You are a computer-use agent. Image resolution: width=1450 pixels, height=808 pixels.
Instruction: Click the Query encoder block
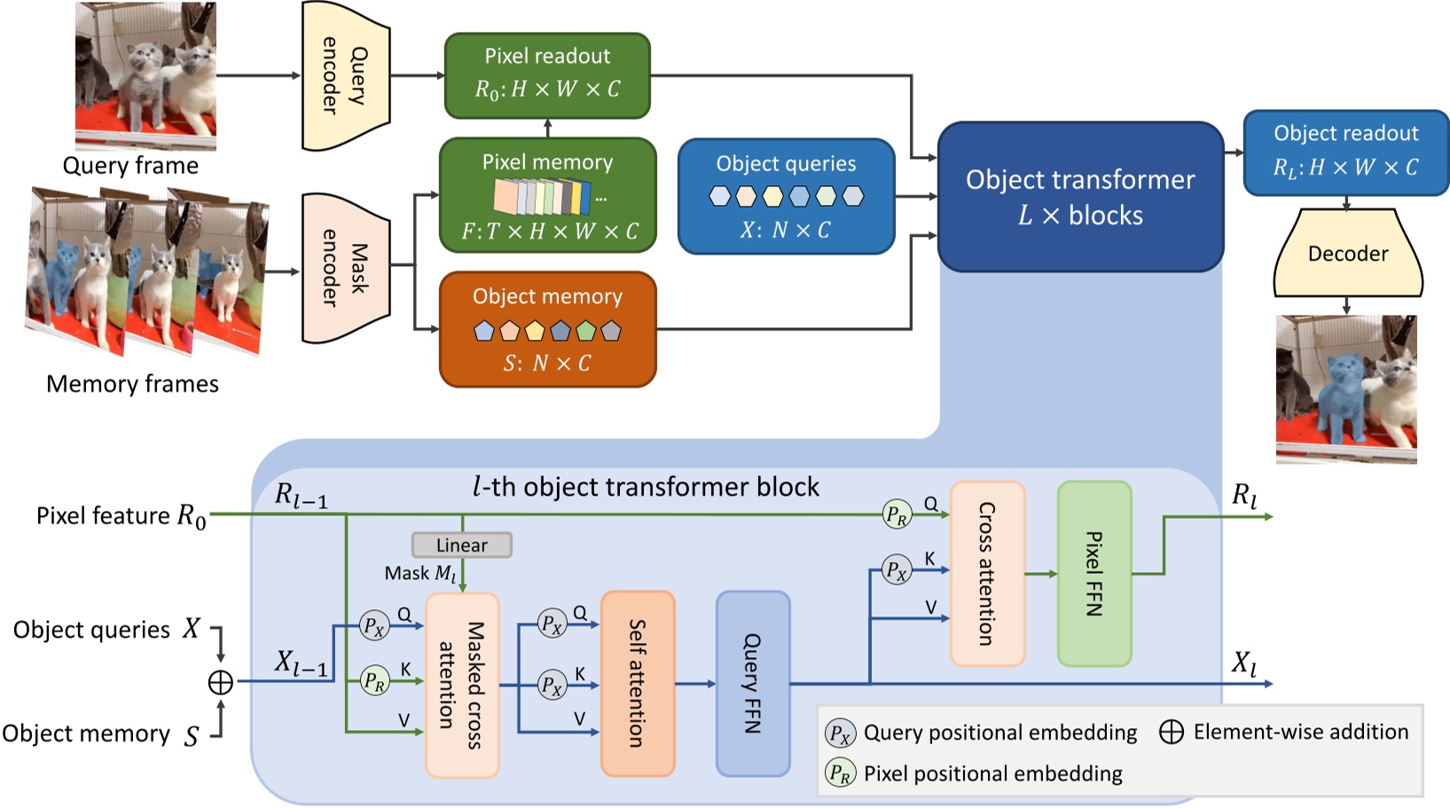pos(345,75)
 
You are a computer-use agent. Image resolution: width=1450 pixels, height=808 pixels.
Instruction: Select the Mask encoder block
pos(345,269)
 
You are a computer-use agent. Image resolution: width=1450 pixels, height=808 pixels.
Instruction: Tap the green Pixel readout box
pos(547,75)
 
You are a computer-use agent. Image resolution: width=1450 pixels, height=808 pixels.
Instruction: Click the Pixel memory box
pos(547,195)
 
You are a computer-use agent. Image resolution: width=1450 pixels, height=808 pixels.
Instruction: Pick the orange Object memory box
pos(547,329)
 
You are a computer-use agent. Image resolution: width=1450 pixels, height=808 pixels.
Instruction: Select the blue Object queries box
pos(786,196)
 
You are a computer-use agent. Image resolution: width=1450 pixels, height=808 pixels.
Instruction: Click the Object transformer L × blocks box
pos(1080,197)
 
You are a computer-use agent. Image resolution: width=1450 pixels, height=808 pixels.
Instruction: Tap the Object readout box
pos(1345,153)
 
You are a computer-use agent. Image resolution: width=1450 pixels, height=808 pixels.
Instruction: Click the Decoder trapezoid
pos(1347,254)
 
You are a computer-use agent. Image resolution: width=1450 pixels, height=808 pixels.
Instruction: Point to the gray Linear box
pos(461,545)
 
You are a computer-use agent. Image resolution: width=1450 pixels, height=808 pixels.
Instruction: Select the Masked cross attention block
pos(462,686)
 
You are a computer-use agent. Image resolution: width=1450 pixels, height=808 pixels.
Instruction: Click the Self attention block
pos(637,683)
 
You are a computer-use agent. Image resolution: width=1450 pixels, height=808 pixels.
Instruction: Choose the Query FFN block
pos(752,683)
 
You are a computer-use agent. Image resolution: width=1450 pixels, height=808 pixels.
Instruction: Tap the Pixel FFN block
pos(1094,574)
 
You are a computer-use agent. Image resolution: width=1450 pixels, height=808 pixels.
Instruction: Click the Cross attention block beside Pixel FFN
pos(987,574)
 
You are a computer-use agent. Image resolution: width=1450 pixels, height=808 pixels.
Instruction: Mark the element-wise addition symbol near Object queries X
pos(220,682)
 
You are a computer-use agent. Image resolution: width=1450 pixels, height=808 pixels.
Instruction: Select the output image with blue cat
pos(1345,388)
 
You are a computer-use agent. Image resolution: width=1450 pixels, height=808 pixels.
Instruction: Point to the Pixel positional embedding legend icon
pos(840,773)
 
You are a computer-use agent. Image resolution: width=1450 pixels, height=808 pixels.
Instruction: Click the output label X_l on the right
pos(1243,663)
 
